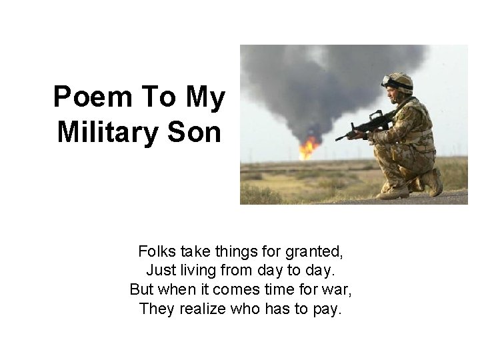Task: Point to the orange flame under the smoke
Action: pyautogui.click(x=307, y=147)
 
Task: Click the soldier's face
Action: pyautogui.click(x=391, y=93)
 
